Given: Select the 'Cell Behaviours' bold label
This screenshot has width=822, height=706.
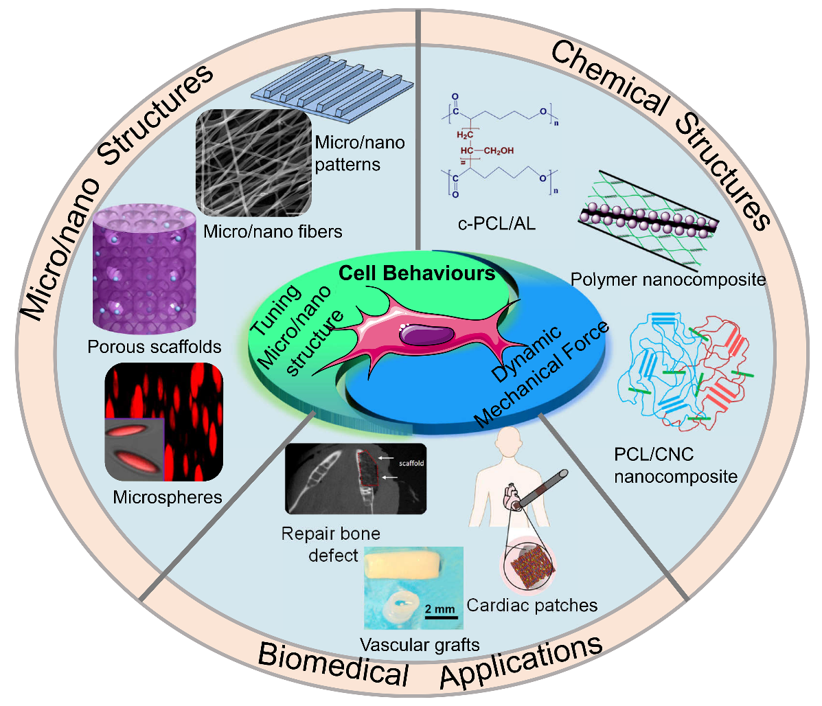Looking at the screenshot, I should (417, 273).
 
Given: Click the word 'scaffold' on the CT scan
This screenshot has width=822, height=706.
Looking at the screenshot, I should (411, 464).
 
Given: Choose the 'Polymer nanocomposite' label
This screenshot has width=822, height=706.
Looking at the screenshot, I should (668, 279).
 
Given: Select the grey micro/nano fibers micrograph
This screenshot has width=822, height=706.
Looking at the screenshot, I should (253, 163).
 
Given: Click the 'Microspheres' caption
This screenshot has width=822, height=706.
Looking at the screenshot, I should (168, 497).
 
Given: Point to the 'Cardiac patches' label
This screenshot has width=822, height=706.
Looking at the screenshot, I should (532, 605).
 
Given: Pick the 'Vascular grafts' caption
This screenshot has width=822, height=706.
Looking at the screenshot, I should (420, 644).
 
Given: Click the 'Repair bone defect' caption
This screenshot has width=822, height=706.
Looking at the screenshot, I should (331, 544).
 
